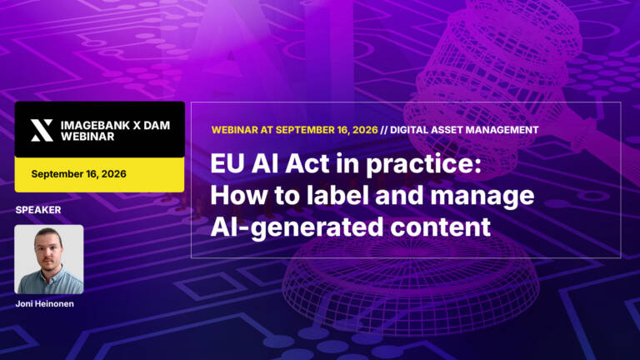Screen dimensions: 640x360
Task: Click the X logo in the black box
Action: pyautogui.click(x=42, y=131)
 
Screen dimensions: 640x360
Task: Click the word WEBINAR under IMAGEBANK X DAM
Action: pyautogui.click(x=87, y=137)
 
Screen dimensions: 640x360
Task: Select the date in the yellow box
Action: pyautogui.click(x=79, y=174)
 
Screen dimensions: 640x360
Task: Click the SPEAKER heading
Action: pyautogui.click(x=38, y=210)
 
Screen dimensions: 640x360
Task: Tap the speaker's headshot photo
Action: pyautogui.click(x=49, y=259)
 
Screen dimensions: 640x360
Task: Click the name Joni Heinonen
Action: pyautogui.click(x=45, y=303)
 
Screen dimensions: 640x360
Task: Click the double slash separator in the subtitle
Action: pyautogui.click(x=383, y=130)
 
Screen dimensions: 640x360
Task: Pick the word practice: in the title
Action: pyautogui.click(x=423, y=166)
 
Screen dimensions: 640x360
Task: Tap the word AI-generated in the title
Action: pyautogui.click(x=297, y=228)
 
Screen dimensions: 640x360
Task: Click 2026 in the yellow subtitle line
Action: pyautogui.click(x=365, y=130)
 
